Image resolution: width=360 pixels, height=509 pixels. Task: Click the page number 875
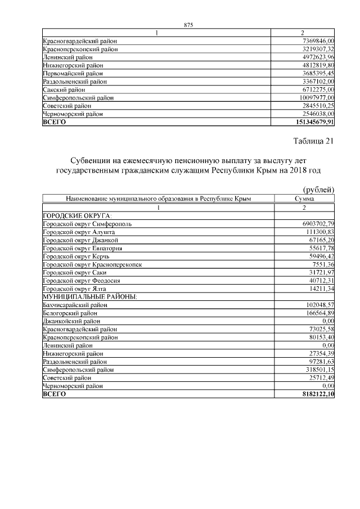(x=188, y=25)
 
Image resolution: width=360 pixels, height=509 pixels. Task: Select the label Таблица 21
(x=314, y=141)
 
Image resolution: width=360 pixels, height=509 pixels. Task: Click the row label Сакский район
(x=64, y=89)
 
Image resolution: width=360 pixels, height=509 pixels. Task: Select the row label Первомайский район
(x=73, y=74)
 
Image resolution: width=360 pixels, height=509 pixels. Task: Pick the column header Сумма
(x=304, y=199)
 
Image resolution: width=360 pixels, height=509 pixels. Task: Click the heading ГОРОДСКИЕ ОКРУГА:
(x=77, y=215)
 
